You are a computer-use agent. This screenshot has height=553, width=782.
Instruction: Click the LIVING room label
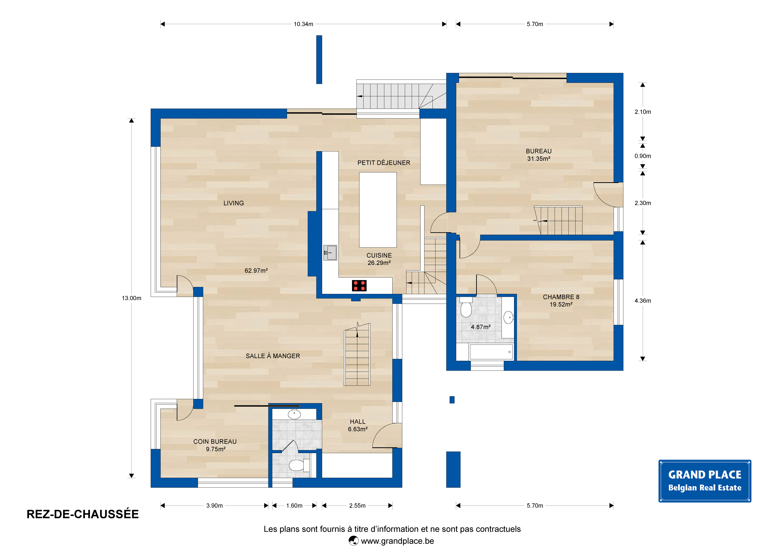point(234,203)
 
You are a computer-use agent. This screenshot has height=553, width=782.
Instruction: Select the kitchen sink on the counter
point(330,252)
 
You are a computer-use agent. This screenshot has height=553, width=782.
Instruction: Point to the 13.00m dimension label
point(132,298)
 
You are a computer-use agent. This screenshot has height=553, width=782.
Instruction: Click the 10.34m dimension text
point(303,24)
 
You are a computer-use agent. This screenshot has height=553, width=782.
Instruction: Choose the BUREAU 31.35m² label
point(539,155)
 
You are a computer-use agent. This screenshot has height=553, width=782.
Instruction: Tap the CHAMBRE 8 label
point(561,297)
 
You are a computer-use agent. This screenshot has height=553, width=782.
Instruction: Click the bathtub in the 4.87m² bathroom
point(491,352)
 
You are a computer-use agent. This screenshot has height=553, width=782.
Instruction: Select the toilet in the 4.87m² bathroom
point(466,308)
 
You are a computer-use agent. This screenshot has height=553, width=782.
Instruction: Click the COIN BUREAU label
point(215,442)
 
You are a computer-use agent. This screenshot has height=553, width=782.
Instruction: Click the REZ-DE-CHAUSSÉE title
point(83,514)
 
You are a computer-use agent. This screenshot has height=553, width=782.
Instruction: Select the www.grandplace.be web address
point(397,541)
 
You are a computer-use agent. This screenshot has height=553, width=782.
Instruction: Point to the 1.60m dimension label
point(294,506)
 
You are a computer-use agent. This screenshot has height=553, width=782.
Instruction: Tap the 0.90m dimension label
point(643,156)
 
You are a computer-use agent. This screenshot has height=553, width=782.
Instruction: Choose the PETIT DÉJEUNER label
point(384,163)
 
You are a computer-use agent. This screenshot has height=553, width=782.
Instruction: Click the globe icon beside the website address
point(354,541)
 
